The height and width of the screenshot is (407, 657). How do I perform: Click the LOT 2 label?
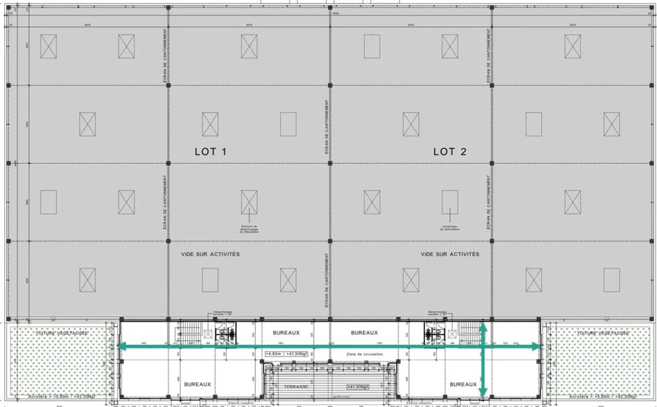click(x=450, y=152)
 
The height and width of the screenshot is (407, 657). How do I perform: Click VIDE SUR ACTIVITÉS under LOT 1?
click(x=211, y=254)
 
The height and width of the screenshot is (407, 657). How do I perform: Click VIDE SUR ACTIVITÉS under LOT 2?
click(x=450, y=254)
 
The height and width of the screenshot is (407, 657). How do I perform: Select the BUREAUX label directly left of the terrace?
click(x=198, y=384)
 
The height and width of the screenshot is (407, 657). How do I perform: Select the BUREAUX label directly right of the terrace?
click(x=463, y=384)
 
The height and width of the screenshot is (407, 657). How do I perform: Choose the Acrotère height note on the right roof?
click(x=598, y=397)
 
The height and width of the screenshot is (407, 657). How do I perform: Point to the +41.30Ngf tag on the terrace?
click(x=356, y=387)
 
